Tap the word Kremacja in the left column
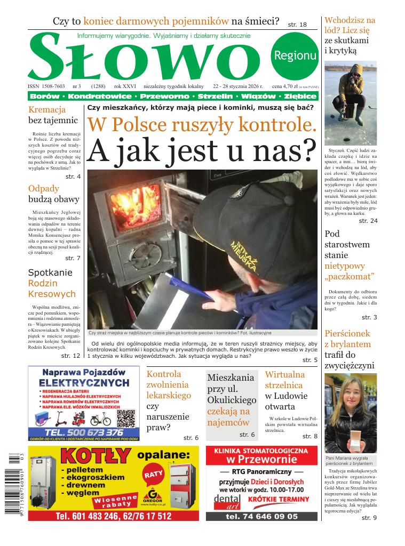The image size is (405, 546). pos(47,109)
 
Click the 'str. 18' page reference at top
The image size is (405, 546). pos(297,25)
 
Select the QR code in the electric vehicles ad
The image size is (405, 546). pos(124,419)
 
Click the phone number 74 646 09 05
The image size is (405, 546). pos(261,516)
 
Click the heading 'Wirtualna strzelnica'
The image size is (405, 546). pos(285,380)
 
